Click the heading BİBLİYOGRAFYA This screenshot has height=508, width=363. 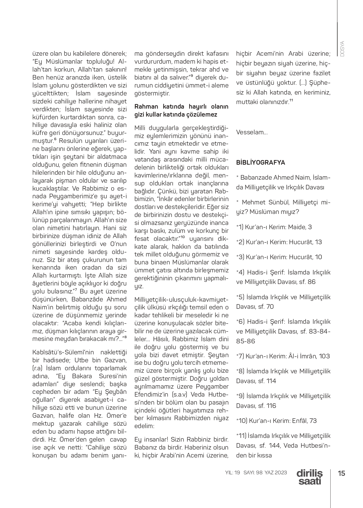260,162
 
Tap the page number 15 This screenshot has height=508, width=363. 341,473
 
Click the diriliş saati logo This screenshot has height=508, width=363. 310,477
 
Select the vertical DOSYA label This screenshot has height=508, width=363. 342,49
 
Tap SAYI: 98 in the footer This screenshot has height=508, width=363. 253,472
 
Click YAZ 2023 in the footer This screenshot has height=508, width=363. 276,472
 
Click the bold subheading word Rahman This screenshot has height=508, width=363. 146,106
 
